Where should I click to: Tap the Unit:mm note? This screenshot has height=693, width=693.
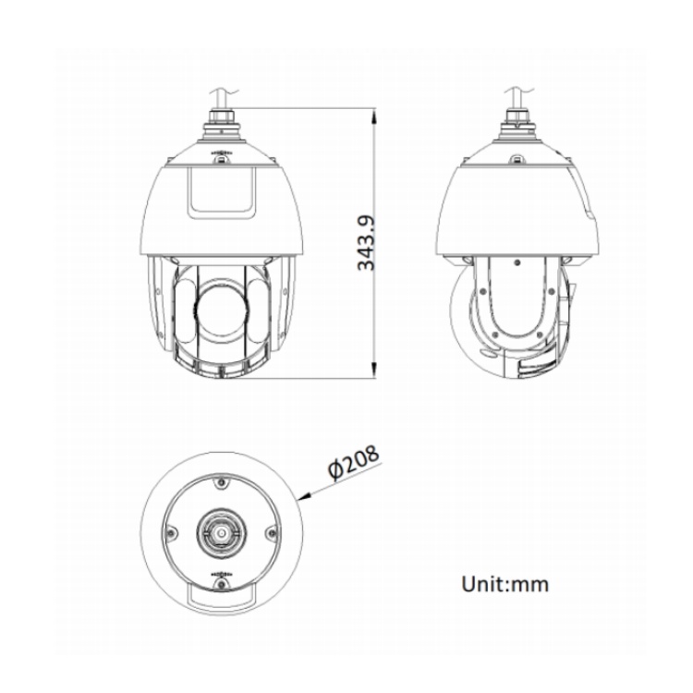(505, 584)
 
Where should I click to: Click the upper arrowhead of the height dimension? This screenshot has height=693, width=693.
(373, 114)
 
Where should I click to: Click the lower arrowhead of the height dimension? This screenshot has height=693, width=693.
(373, 373)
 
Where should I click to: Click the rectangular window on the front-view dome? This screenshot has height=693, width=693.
(222, 191)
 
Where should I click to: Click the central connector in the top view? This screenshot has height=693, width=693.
(220, 533)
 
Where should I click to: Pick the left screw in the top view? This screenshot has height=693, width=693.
(171, 532)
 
